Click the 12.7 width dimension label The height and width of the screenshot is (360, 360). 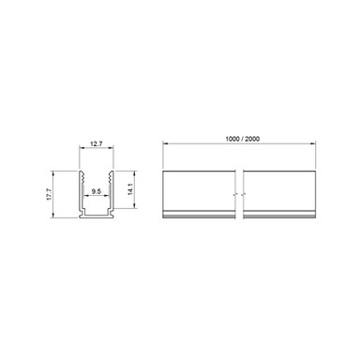pyautogui.click(x=95, y=144)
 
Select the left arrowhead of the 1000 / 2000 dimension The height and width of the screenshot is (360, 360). pyautogui.click(x=165, y=142)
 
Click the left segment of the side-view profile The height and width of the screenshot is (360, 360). pyautogui.click(x=200, y=197)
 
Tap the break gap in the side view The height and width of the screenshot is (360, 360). pyautogui.click(x=242, y=197)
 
